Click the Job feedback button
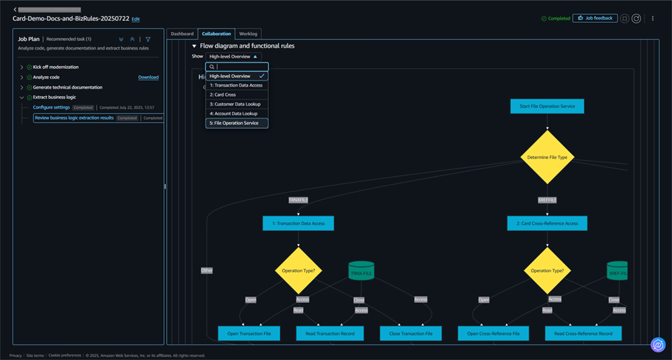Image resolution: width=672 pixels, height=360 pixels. (x=595, y=18)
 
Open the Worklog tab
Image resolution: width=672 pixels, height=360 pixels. (x=249, y=34)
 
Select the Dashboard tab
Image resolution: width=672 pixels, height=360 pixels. (x=182, y=34)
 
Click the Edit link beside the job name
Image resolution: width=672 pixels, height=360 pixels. (x=136, y=19)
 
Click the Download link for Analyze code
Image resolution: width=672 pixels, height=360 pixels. (x=149, y=77)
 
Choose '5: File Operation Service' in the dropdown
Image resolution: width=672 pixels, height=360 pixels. (x=234, y=123)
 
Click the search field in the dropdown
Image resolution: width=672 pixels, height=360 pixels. (x=241, y=67)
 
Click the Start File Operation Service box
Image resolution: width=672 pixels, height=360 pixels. (x=547, y=106)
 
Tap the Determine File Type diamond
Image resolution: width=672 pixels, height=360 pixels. (x=547, y=157)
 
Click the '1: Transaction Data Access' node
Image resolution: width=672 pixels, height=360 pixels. (x=298, y=223)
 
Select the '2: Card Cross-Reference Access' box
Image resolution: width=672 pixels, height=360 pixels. (x=547, y=223)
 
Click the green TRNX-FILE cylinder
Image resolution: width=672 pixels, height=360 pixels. (x=361, y=271)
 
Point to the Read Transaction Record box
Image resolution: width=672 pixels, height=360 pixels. (x=330, y=333)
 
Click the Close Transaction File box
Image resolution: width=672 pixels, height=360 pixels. (x=411, y=333)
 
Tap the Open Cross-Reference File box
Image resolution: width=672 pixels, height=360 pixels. (x=493, y=333)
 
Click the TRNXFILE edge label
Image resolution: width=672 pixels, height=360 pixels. (x=298, y=199)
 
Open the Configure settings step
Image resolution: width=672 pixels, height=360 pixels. (x=52, y=107)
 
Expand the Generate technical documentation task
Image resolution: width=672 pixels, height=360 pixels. (x=22, y=87)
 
